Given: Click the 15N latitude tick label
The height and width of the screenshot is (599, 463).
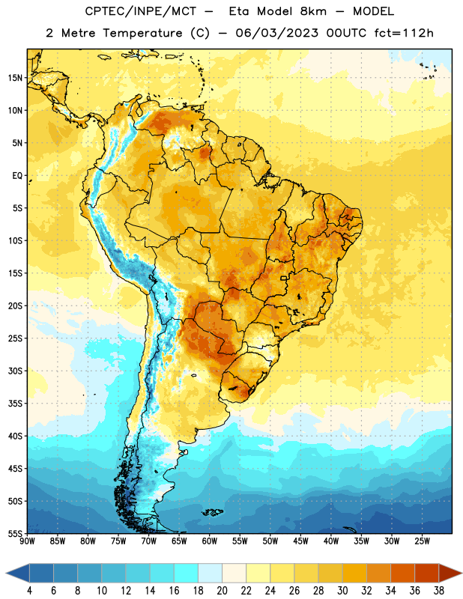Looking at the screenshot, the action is click(x=15, y=78).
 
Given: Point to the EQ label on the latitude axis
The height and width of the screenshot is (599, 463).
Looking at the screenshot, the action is click(x=17, y=176).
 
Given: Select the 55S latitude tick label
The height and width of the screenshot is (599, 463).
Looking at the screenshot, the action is click(x=15, y=533).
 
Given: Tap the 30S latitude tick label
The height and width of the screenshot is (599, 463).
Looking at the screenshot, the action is click(x=15, y=371).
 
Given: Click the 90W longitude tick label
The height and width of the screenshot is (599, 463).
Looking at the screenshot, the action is click(x=27, y=541).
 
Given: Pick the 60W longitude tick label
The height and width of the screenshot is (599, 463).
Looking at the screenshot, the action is click(x=210, y=541).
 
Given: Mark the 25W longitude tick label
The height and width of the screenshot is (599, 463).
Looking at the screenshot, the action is click(x=422, y=541).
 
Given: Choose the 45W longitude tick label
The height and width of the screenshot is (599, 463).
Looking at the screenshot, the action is click(x=300, y=541).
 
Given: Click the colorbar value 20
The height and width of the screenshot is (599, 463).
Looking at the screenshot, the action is click(x=222, y=591).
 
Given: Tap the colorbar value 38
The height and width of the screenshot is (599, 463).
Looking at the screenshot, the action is click(x=439, y=591).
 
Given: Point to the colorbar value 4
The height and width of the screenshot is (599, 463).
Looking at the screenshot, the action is click(x=29, y=591).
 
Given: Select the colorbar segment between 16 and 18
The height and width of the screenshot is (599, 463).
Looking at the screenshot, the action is click(x=187, y=573).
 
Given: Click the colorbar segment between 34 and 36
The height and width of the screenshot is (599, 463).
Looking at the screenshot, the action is click(x=402, y=573).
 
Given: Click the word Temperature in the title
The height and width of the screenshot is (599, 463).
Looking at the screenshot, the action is click(x=142, y=33).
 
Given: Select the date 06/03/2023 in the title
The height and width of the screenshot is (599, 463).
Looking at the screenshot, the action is click(x=276, y=33).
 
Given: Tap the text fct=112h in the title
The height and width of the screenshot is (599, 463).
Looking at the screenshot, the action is click(x=404, y=33).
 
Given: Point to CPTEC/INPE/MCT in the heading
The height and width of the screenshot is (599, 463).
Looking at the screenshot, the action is click(x=141, y=11).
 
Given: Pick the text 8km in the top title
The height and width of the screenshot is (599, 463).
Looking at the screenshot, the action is click(x=313, y=11).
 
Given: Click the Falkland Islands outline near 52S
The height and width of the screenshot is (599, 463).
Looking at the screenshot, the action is click(x=213, y=512).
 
